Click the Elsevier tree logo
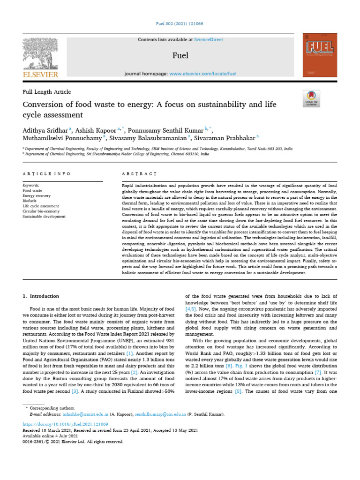pos(40,54)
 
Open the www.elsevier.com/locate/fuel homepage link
pos(202,74)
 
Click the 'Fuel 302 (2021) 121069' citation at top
pos(180,24)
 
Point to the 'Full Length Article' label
pos(47,92)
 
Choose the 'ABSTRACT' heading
pos(139,173)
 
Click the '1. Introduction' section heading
pos(41,296)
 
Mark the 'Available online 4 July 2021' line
pos(52,435)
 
